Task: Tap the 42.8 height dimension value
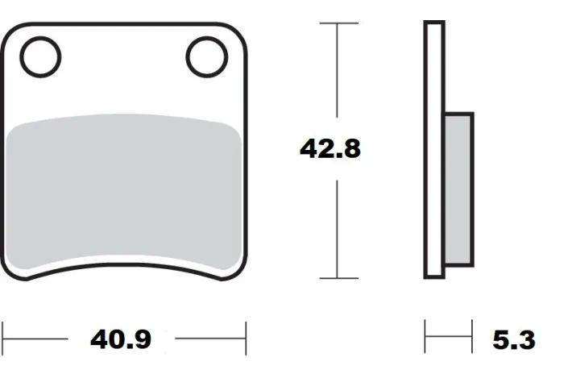click(x=330, y=149)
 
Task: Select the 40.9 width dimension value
click(x=121, y=339)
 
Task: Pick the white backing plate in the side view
click(x=433, y=150)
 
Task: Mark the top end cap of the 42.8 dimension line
click(x=338, y=24)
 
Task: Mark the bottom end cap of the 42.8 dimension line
click(x=338, y=278)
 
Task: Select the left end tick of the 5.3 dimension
click(x=426, y=338)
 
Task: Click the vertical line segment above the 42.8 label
click(x=338, y=77)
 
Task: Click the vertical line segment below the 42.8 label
click(x=338, y=230)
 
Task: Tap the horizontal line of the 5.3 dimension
click(x=449, y=339)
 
